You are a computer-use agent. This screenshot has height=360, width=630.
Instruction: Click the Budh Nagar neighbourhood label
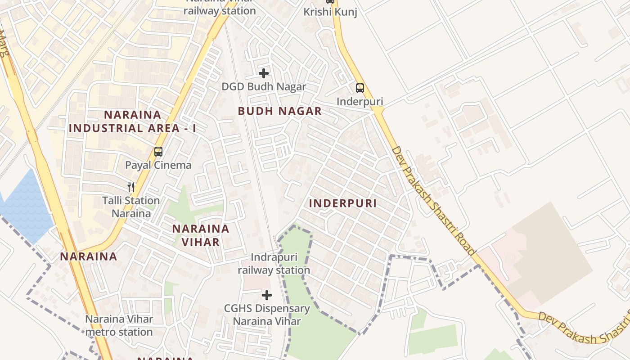pyautogui.click(x=279, y=111)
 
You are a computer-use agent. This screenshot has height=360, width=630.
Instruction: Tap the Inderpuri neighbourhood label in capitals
pyautogui.click(x=342, y=203)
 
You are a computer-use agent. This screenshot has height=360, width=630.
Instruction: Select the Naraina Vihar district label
pyautogui.click(x=201, y=235)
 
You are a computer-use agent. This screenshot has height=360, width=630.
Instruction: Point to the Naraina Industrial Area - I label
pyautogui.click(x=132, y=121)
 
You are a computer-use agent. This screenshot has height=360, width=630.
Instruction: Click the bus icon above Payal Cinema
pyautogui.click(x=158, y=152)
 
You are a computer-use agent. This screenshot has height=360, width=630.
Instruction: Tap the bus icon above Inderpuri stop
pyautogui.click(x=360, y=88)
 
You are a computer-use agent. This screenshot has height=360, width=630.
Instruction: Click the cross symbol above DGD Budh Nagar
pyautogui.click(x=264, y=73)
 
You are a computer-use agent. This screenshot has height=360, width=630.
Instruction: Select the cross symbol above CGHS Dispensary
pyautogui.click(x=267, y=295)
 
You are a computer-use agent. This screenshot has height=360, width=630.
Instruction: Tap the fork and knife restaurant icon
pyautogui.click(x=131, y=187)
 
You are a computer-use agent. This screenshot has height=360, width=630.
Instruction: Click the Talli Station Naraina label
pyautogui.click(x=131, y=207)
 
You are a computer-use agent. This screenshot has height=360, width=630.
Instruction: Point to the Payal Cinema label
pyautogui.click(x=158, y=165)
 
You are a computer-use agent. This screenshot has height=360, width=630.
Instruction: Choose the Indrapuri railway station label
pyautogui.click(x=274, y=264)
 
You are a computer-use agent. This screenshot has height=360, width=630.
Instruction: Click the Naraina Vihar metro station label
pyautogui.click(x=119, y=326)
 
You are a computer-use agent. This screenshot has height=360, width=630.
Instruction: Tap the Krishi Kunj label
pyautogui.click(x=330, y=12)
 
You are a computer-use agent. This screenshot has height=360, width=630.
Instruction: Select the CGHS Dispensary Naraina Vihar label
pyautogui.click(x=267, y=315)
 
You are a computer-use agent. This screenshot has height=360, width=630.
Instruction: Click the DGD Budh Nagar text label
pyautogui.click(x=264, y=87)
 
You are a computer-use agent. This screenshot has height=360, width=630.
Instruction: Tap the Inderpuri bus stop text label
pyautogui.click(x=360, y=101)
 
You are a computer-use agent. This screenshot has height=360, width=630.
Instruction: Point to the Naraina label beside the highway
pyautogui.click(x=89, y=256)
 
